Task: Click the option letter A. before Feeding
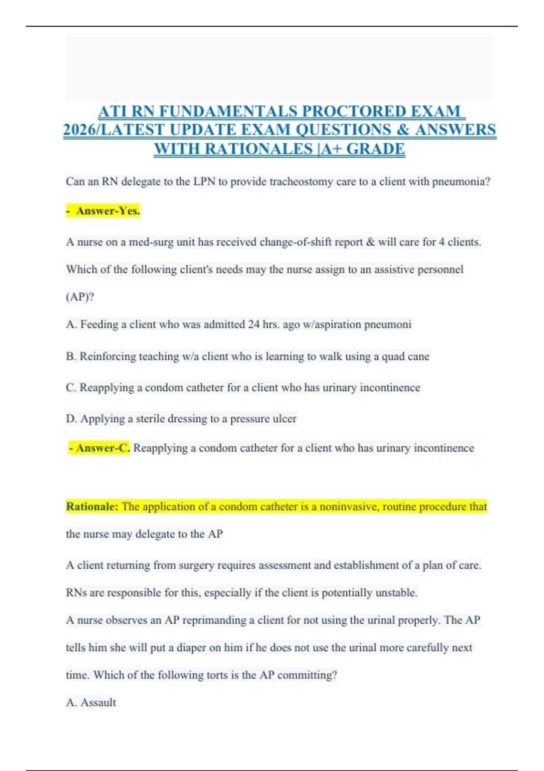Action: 71,325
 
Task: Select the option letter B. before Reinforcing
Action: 71,356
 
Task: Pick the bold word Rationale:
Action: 92,507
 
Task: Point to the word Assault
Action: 98,703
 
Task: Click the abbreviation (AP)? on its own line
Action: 80,297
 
